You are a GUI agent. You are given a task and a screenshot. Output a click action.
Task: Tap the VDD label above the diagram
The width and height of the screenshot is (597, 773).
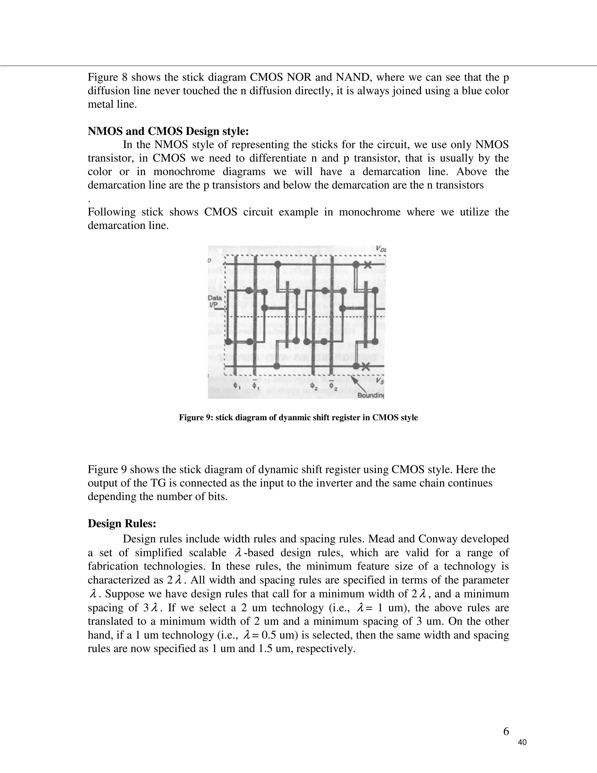pyautogui.click(x=381, y=249)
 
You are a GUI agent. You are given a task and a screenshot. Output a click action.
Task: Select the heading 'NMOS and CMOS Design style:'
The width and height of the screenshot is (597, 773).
pyautogui.click(x=168, y=131)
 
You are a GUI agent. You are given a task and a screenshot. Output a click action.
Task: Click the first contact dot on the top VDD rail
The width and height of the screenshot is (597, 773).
pyautogui.click(x=278, y=264)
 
